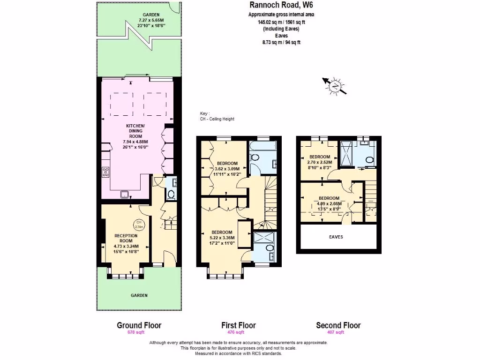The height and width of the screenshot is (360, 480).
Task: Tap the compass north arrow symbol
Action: (x=335, y=86)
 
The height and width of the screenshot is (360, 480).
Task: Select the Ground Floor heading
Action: (x=139, y=325)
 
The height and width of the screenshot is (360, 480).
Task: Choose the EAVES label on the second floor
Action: (x=336, y=237)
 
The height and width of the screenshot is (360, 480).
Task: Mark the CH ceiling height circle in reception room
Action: (x=139, y=224)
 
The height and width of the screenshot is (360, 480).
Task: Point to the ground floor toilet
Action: (x=171, y=194)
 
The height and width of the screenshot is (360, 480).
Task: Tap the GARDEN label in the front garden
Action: (x=139, y=295)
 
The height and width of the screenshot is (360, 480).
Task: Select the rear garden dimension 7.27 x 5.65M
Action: (x=151, y=20)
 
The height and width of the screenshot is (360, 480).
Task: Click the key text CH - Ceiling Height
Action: (x=217, y=119)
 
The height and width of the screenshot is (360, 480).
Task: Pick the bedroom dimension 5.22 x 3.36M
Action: (x=222, y=238)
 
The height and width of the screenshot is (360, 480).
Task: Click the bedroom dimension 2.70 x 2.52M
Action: (x=319, y=162)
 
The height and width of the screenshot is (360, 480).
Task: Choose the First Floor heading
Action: (x=239, y=325)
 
